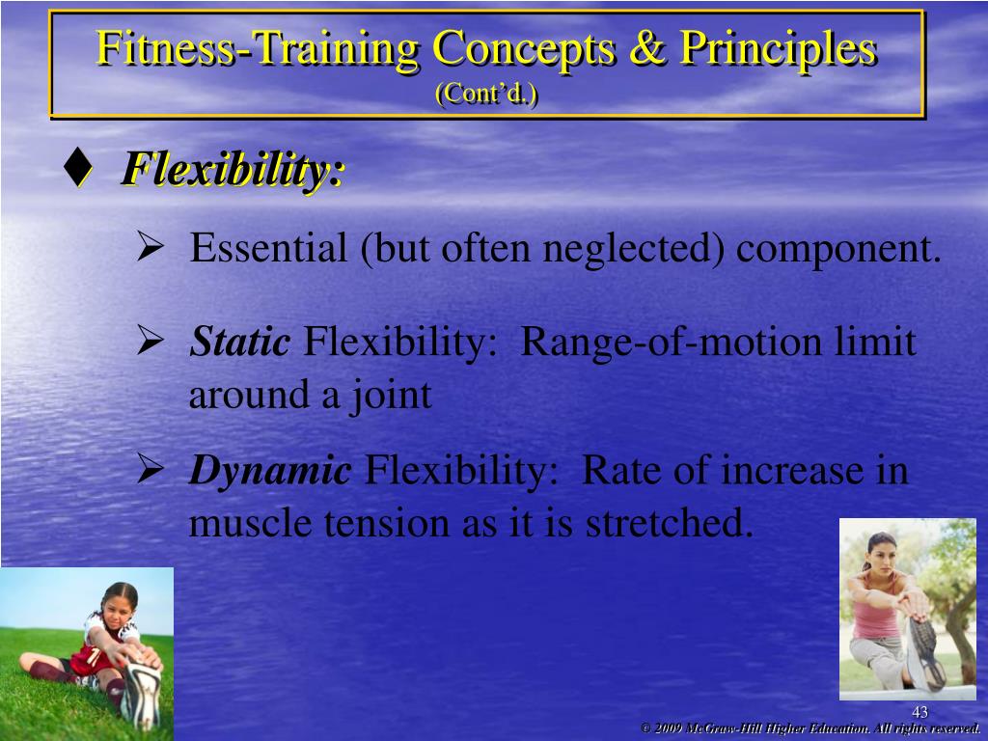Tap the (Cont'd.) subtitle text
[487, 94]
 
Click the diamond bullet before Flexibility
[76, 169]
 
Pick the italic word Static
[239, 342]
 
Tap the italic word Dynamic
[269, 471]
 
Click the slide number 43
[919, 712]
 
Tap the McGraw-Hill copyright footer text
[810, 728]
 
